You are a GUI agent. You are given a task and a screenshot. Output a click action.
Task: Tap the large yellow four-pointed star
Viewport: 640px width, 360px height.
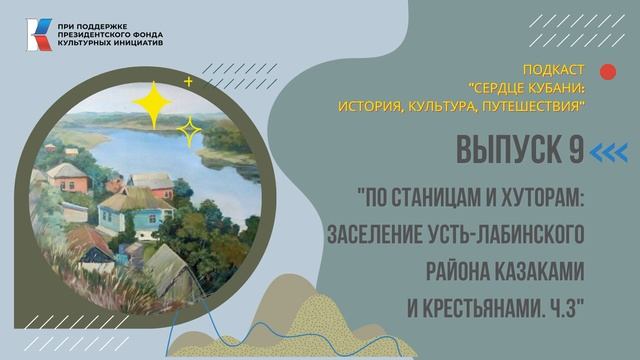coord(155,101)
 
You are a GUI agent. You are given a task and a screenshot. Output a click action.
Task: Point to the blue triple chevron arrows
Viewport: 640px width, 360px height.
coord(609,151)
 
